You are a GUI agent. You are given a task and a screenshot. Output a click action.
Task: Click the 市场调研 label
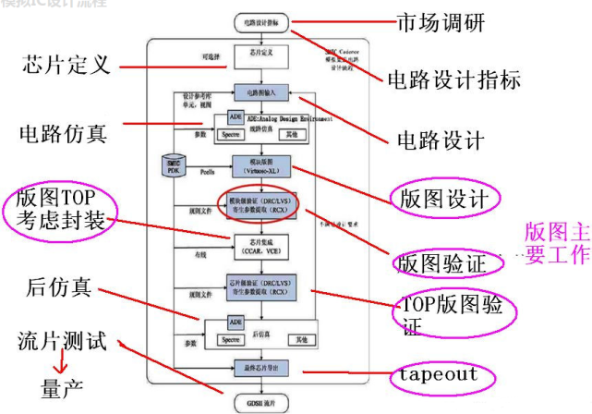pos(440,20)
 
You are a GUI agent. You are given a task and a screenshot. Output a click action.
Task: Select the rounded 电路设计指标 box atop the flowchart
pos(262,20)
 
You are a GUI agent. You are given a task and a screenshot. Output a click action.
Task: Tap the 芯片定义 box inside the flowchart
pos(262,55)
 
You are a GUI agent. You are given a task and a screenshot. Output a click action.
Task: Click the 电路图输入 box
pos(262,92)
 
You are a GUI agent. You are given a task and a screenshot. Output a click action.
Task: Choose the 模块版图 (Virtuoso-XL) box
pos(262,165)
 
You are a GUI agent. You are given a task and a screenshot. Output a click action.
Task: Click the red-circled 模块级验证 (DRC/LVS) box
pos(262,203)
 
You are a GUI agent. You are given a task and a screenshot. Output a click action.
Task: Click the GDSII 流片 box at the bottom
pos(262,404)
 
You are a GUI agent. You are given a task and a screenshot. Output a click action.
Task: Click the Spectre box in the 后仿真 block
pos(233,339)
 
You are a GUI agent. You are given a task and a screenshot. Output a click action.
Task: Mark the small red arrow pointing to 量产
pos(41,362)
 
